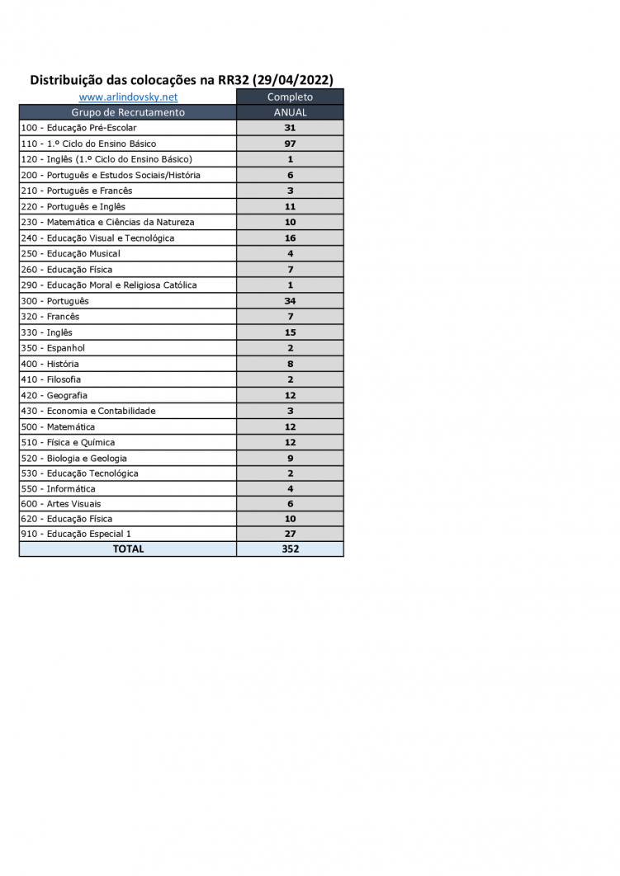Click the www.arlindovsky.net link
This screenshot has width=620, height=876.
pyautogui.click(x=128, y=97)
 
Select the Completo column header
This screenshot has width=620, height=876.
pyautogui.click(x=290, y=97)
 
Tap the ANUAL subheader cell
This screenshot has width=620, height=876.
pyautogui.click(x=290, y=112)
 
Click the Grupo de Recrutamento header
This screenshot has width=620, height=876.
pyautogui.click(x=128, y=112)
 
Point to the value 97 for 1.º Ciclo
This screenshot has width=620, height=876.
pyautogui.click(x=290, y=144)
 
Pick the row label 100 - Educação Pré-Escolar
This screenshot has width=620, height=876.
pyautogui.click(x=78, y=128)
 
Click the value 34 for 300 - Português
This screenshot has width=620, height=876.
pyautogui.click(x=290, y=301)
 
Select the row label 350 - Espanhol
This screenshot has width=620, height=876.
pyautogui.click(x=53, y=348)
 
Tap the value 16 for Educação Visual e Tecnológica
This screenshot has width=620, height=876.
pyautogui.click(x=290, y=238)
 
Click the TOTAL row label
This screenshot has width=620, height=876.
pyautogui.click(x=128, y=549)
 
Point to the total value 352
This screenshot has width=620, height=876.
pyautogui.click(x=290, y=549)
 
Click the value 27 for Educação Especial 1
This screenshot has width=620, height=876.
pyautogui.click(x=290, y=534)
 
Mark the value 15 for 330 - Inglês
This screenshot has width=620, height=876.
pyautogui.click(x=290, y=332)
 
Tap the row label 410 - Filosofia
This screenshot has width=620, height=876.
pyautogui.click(x=51, y=379)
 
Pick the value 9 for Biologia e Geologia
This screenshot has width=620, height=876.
pyautogui.click(x=290, y=459)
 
